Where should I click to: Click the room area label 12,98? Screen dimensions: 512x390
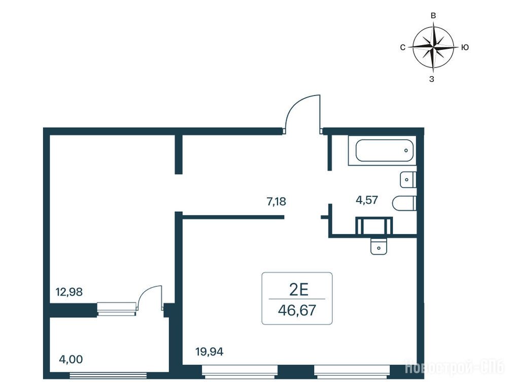click(69, 291)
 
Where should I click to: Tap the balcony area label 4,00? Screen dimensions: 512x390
click(71, 359)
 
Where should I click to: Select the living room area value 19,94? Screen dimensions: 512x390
click(209, 352)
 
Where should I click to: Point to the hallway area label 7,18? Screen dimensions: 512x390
click(276, 202)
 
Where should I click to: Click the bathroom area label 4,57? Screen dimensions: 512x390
click(367, 200)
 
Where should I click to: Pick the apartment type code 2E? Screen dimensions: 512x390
click(299, 289)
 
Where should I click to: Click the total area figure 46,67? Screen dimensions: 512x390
click(297, 310)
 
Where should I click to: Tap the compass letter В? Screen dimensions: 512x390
click(433, 16)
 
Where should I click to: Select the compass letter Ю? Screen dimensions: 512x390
click(465, 47)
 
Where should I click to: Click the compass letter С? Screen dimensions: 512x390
click(402, 47)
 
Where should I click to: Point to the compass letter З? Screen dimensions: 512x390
click(432, 79)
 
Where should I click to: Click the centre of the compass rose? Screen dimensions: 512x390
click(433, 47)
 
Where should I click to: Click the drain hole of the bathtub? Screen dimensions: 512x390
click(406, 151)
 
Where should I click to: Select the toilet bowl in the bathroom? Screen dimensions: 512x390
click(404, 203)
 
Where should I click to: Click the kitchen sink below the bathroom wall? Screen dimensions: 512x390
click(379, 246)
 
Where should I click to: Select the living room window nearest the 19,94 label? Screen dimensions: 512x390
click(240, 371)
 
